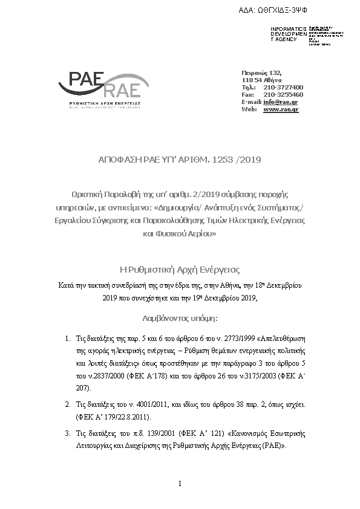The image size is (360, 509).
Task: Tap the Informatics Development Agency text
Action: click(284, 34)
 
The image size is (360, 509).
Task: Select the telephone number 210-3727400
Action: click(283, 87)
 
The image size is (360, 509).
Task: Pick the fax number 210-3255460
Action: click(283, 94)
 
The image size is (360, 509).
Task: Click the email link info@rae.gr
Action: click(280, 102)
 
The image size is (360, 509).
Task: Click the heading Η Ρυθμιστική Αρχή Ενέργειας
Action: click(180, 269)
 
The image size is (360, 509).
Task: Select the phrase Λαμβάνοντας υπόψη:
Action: click(180, 317)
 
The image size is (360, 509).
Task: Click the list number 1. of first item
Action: click(67, 339)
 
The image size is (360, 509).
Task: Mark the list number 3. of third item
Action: click(67, 433)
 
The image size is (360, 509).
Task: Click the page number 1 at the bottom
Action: click(180, 483)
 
